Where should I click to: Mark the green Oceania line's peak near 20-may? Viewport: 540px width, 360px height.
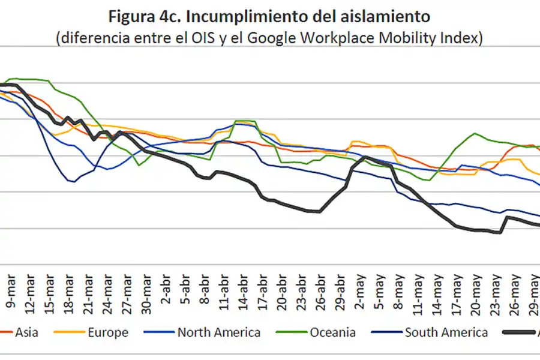475,133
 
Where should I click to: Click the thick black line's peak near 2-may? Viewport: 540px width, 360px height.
365,157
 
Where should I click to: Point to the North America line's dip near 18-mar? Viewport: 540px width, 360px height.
74,181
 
